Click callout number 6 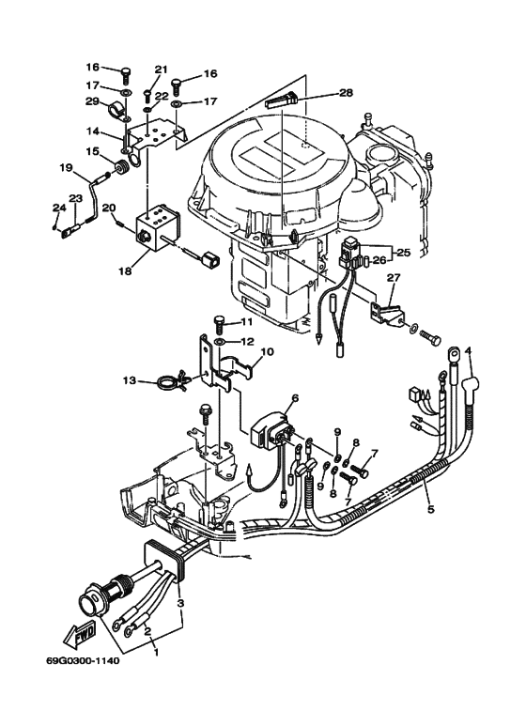tap(295, 398)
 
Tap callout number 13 tap(128, 381)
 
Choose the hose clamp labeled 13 tap(167, 382)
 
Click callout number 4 tap(469, 352)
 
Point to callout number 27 tap(393, 278)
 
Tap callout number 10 tap(267, 352)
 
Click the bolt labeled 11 tap(219, 324)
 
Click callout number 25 tap(404, 253)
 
